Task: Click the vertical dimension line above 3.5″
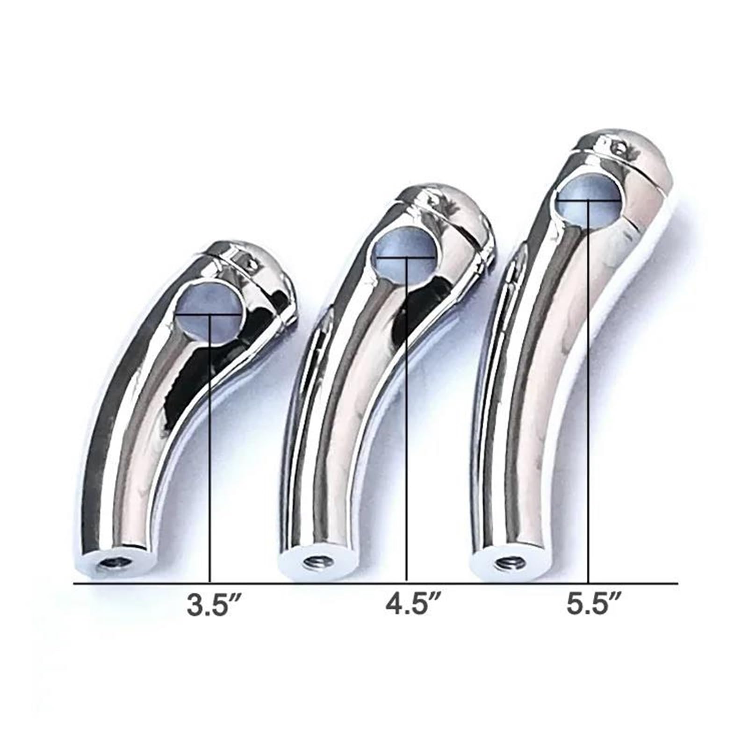[x=210, y=444]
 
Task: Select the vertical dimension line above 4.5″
[x=407, y=421]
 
